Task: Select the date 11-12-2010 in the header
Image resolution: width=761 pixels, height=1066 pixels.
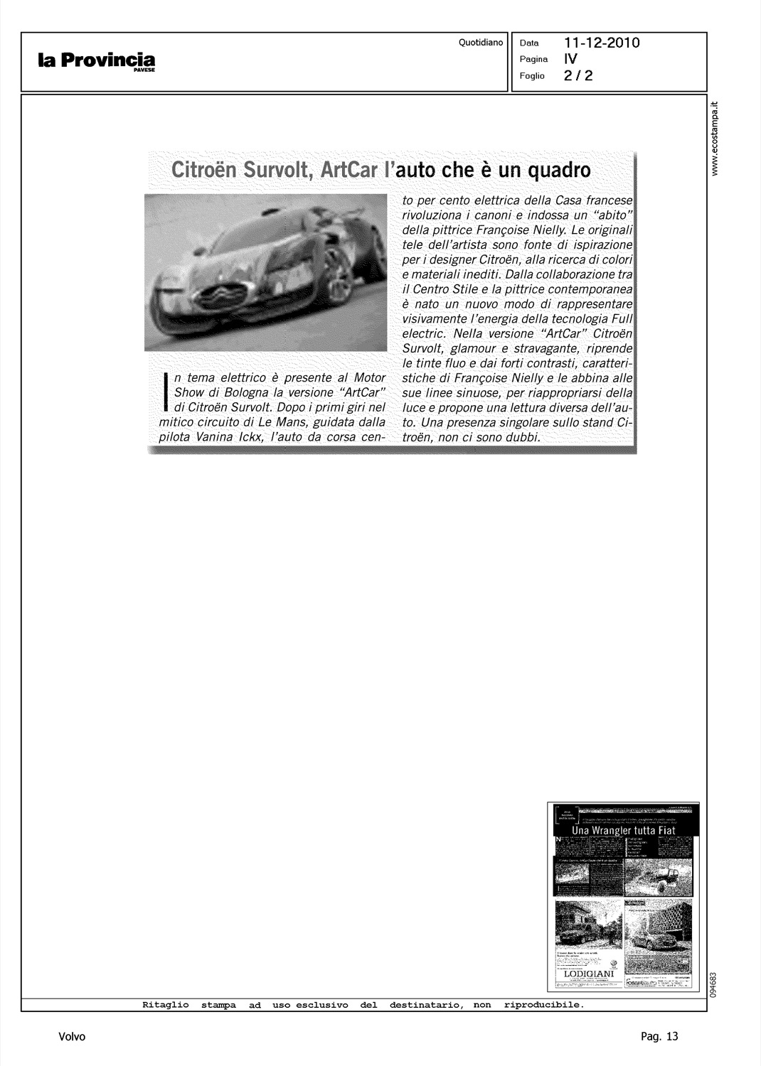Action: [602, 43]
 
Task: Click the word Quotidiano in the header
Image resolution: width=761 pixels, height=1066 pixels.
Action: [481, 43]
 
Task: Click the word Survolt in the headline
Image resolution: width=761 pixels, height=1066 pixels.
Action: [277, 171]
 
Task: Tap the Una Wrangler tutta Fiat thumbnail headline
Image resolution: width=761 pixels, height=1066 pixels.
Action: [624, 831]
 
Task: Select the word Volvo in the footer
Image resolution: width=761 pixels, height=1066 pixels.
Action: [73, 1036]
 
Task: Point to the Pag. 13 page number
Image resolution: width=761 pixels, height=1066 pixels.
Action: [659, 1036]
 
